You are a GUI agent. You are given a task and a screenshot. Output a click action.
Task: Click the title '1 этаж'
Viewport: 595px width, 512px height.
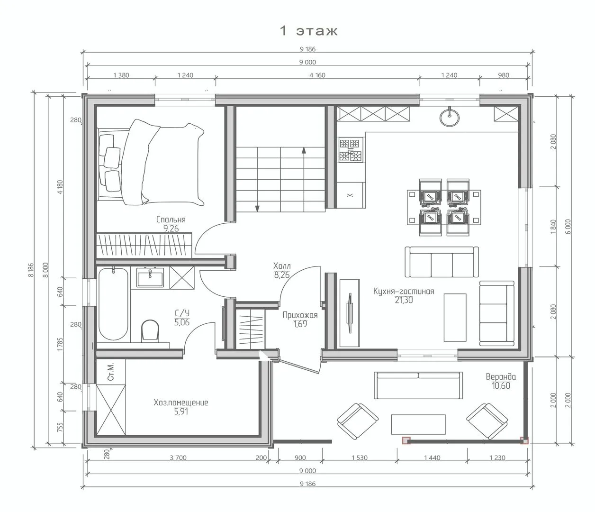coord(308,31)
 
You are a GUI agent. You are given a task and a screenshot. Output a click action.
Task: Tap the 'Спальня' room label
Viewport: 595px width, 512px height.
coord(171,219)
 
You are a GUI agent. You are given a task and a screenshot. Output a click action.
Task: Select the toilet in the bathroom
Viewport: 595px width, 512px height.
coord(150,330)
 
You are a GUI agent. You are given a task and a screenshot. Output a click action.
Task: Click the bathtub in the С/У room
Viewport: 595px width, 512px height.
coord(113,304)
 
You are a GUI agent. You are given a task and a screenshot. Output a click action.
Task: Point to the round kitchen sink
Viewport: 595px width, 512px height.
coord(449,117)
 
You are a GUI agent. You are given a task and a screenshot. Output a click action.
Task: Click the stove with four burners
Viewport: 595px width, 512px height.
coord(350,150)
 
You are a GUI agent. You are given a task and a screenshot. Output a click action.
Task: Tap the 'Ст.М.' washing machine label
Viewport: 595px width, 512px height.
coord(111,371)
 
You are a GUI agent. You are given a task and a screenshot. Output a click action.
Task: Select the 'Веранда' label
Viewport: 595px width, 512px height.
coord(501,376)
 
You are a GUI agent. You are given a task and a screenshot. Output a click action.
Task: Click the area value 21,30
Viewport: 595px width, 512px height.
coord(404,300)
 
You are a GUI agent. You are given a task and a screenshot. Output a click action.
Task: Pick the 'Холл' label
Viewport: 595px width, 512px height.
coord(282,265)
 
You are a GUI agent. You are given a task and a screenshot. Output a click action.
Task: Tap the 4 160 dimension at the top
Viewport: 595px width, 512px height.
coord(317,75)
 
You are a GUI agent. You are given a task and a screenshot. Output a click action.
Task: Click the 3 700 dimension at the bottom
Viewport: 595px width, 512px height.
coord(178,457)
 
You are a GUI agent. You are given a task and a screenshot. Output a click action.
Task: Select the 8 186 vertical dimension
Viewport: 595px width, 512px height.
coord(31,270)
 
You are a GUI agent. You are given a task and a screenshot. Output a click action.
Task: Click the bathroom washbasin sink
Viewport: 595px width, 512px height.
coord(150,277)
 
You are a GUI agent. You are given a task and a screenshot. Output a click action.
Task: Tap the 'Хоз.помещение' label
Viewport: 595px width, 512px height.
coord(181,402)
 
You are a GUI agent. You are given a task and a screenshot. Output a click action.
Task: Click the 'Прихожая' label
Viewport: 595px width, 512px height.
coord(300,315)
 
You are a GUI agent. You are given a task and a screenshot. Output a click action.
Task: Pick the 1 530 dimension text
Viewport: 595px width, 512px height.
coord(360,457)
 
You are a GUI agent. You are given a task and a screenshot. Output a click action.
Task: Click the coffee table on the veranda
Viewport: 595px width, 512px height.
coord(418,424)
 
